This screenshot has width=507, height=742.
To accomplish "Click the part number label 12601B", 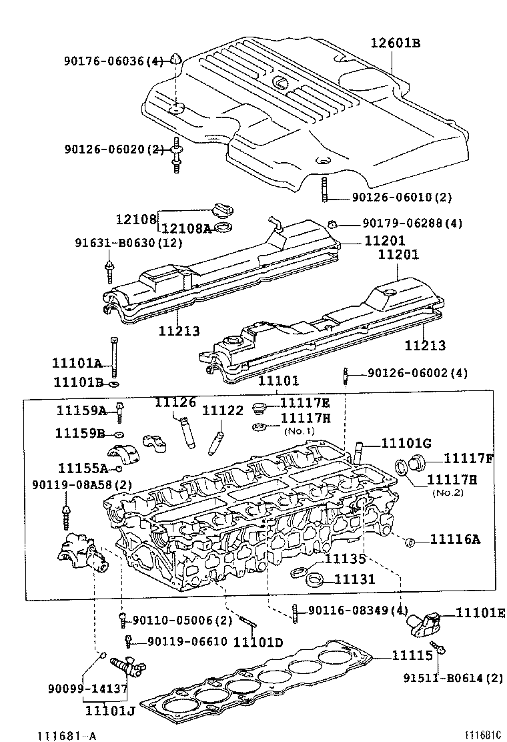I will tap(396, 44).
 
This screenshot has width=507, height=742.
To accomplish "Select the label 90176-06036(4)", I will tap(113, 61).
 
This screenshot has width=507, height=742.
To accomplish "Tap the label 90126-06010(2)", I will tap(392, 198).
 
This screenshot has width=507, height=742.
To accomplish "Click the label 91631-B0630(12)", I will tap(128, 243).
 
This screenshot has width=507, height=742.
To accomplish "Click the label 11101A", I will tap(77, 364).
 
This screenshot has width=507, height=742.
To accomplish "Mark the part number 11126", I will tap(175, 402).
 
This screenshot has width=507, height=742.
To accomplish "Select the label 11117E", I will tap(305, 402).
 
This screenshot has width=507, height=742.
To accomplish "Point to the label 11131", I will tap(354, 580).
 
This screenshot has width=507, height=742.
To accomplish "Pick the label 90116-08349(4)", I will tap(358, 610).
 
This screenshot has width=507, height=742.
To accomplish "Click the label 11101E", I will tap(480, 613).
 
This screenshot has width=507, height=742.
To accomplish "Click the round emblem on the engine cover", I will tap(280, 83).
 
